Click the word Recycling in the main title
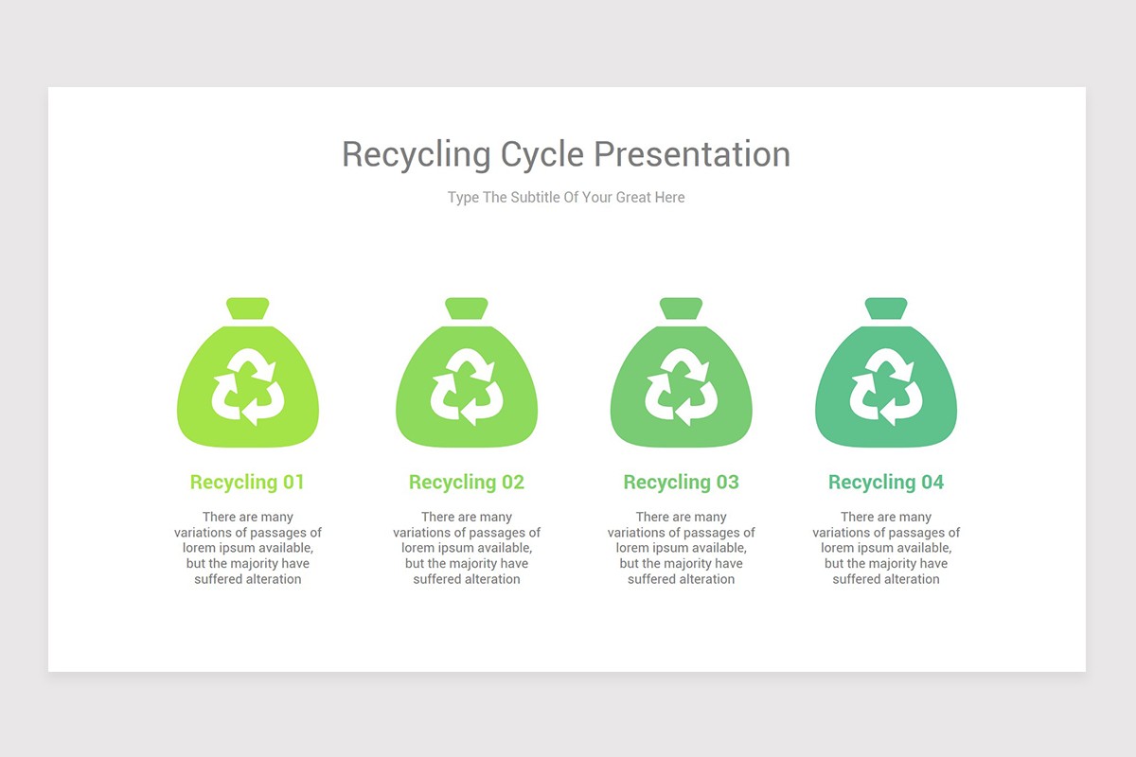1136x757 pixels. (x=416, y=154)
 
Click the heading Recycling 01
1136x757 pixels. (x=247, y=482)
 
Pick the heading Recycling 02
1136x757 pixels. (x=466, y=482)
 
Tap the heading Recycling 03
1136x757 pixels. (x=681, y=482)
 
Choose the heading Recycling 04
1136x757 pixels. (x=886, y=482)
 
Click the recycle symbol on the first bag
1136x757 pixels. (x=248, y=386)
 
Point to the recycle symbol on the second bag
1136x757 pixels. (x=467, y=386)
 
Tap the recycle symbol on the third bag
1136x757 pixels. (x=682, y=386)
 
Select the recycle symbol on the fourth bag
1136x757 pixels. (x=886, y=386)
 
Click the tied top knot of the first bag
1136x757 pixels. (x=248, y=308)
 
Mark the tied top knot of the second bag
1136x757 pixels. (x=467, y=308)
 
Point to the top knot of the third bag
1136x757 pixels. (x=682, y=308)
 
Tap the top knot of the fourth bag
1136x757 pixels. (x=886, y=308)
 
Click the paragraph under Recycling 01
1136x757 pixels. (x=248, y=548)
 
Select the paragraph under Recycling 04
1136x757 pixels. (x=886, y=548)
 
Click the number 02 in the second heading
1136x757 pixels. (x=512, y=482)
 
